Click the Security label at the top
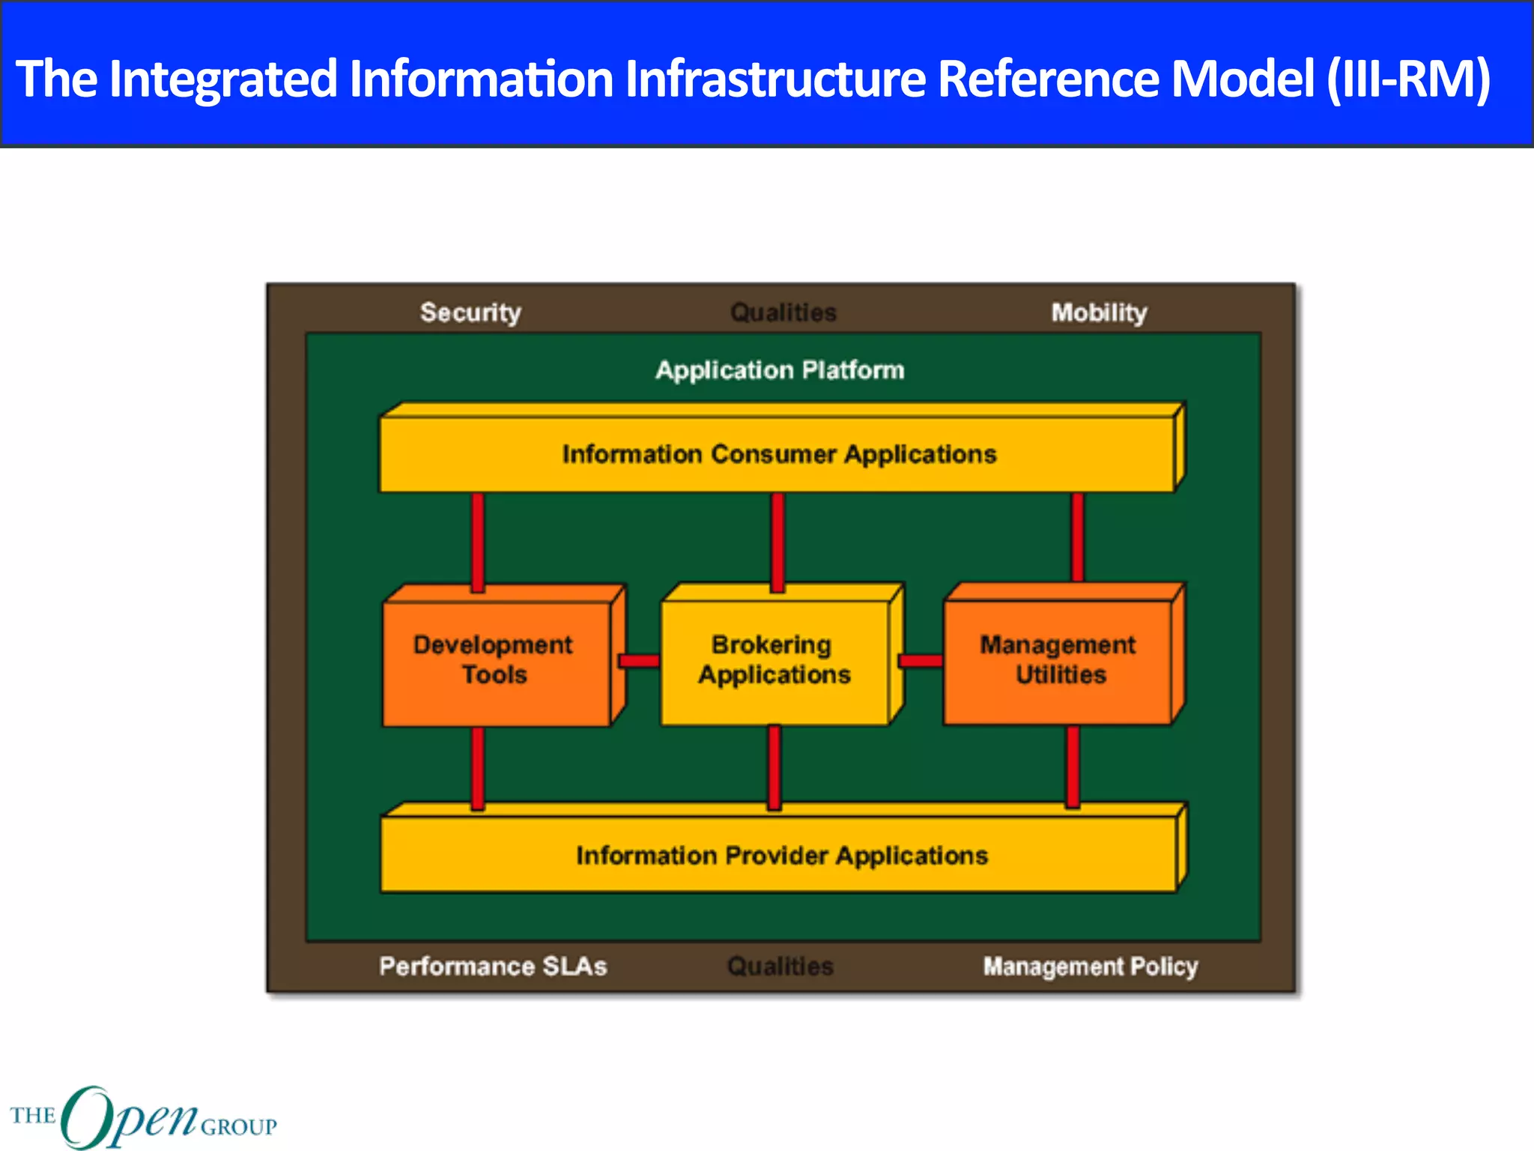(470, 312)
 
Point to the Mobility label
(1099, 312)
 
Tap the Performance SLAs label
(493, 966)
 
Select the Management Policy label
(1090, 966)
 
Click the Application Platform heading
(780, 370)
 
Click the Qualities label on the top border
(783, 312)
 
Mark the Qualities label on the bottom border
(780, 966)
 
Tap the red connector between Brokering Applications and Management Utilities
(921, 661)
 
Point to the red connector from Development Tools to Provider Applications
(477, 768)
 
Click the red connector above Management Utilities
(1077, 537)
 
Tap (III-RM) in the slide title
(1408, 79)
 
